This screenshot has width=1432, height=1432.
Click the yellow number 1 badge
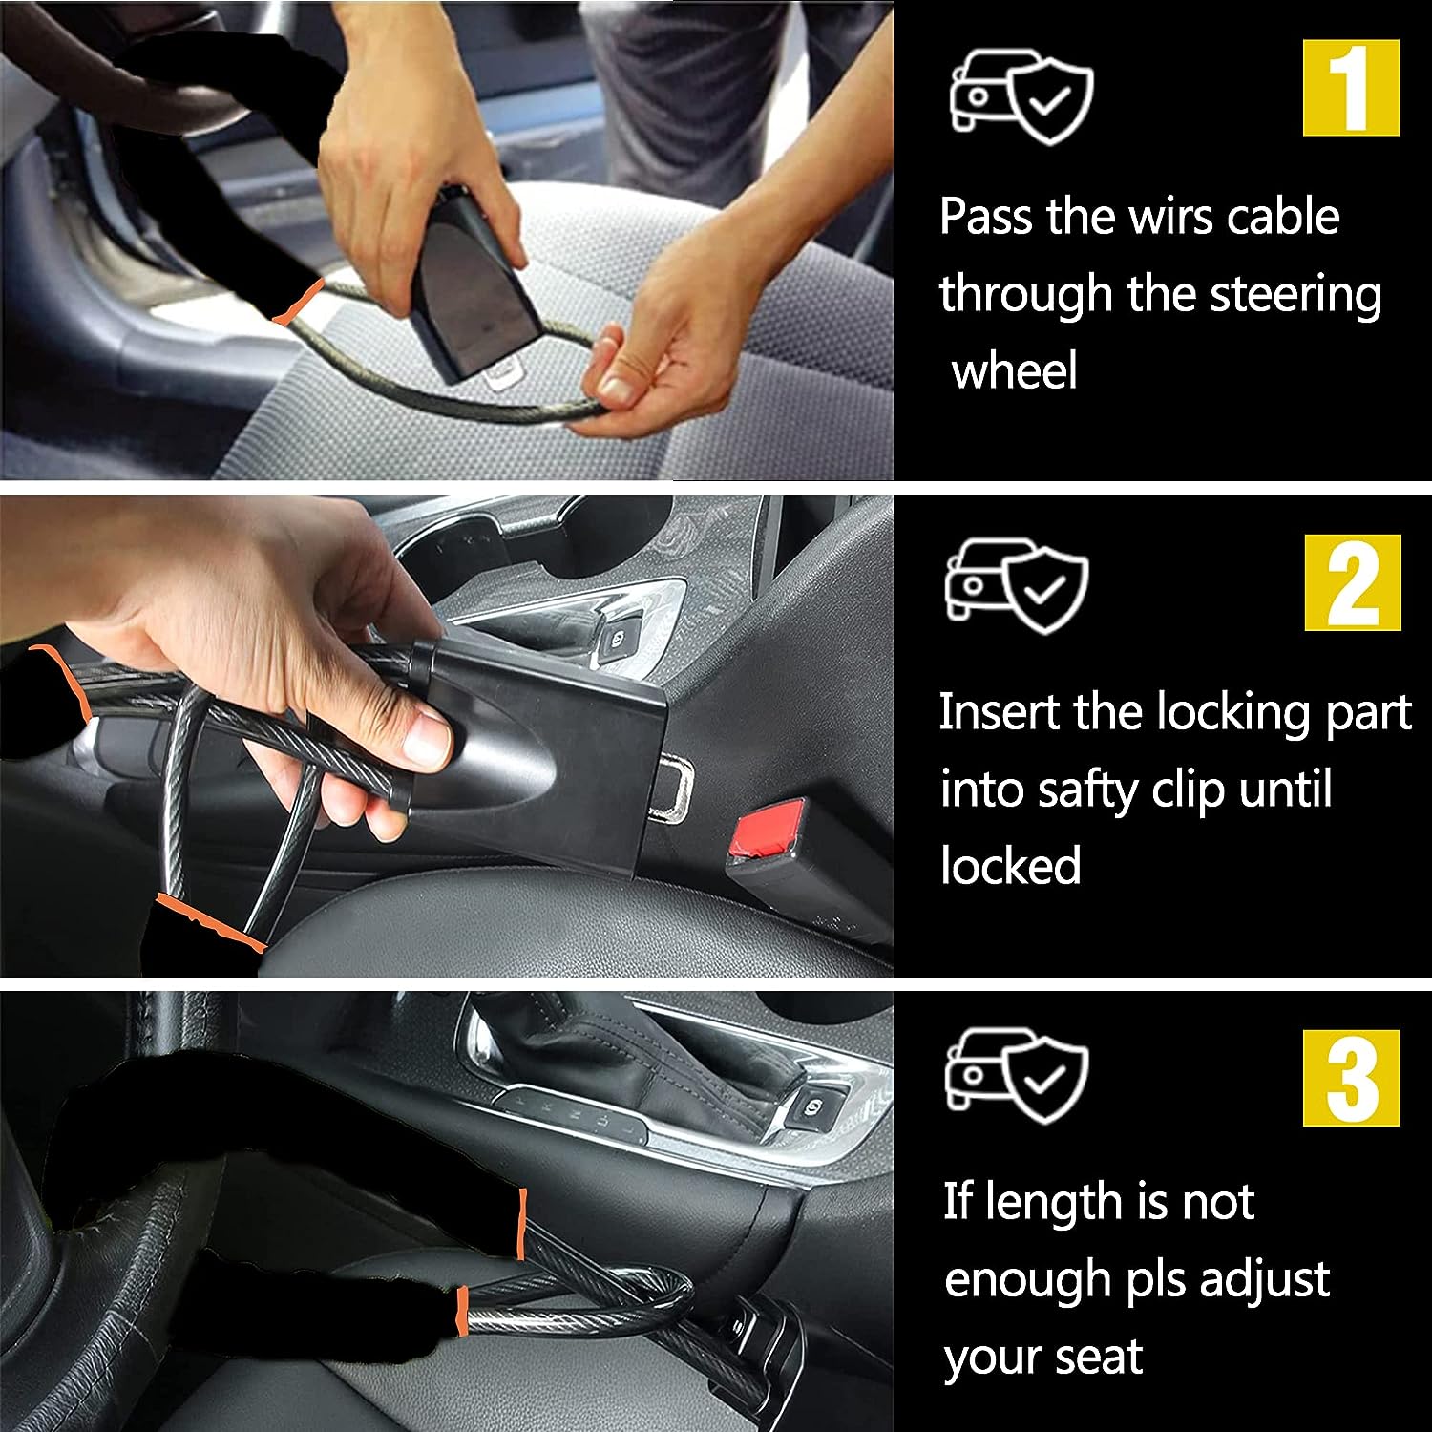coord(1351,87)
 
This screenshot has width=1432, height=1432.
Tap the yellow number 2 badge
coord(1353,581)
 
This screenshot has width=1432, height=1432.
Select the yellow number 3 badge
coord(1352,1078)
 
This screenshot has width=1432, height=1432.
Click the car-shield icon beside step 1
coord(1021,94)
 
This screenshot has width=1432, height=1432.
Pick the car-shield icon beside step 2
coord(1017,586)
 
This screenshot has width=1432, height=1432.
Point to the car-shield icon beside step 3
coord(1017,1075)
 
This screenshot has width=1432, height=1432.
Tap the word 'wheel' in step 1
coord(1015,370)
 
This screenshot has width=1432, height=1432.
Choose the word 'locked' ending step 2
coord(1011,866)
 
